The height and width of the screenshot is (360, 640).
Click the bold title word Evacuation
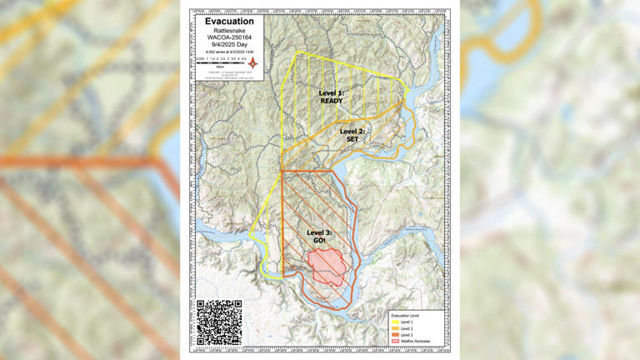coord(228,21)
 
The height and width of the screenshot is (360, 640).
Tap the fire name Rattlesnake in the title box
coord(228,30)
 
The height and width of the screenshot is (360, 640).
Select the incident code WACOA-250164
coord(228,37)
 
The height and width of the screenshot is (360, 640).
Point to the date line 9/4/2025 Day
coord(228,45)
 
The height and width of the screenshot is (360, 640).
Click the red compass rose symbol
coord(252,63)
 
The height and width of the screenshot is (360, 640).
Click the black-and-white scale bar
coord(221,62)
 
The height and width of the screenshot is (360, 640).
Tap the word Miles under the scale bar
coord(221,67)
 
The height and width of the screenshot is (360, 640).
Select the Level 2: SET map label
coord(352,135)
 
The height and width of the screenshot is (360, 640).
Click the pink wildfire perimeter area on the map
coord(327,264)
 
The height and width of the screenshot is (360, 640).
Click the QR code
coord(220,322)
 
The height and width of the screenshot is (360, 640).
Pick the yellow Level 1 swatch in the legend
coord(395,322)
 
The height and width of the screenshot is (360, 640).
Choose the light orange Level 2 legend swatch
coord(395,328)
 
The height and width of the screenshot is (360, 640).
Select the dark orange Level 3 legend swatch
coord(395,335)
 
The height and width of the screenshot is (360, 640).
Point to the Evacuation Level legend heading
coord(406,315)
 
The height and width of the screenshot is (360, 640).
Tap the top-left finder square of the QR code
coord(203,307)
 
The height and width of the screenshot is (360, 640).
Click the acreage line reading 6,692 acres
coord(228,52)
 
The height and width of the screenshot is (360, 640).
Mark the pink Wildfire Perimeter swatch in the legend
coord(395,342)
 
